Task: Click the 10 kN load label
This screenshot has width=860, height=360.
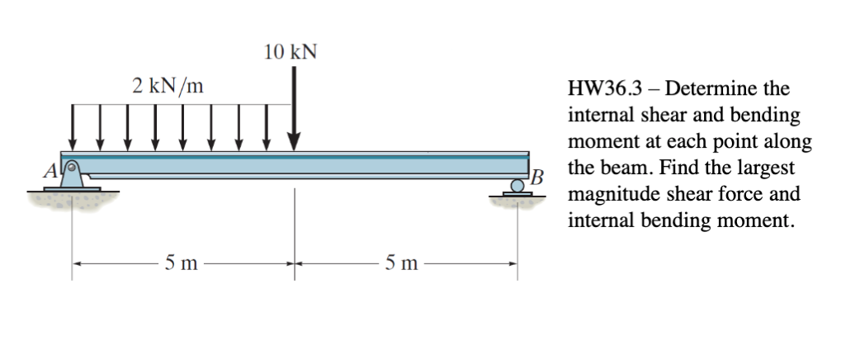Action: tap(290, 52)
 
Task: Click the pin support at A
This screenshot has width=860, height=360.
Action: tap(73, 174)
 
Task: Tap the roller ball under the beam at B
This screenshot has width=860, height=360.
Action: tap(517, 187)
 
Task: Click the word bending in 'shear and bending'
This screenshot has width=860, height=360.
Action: tap(772, 115)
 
